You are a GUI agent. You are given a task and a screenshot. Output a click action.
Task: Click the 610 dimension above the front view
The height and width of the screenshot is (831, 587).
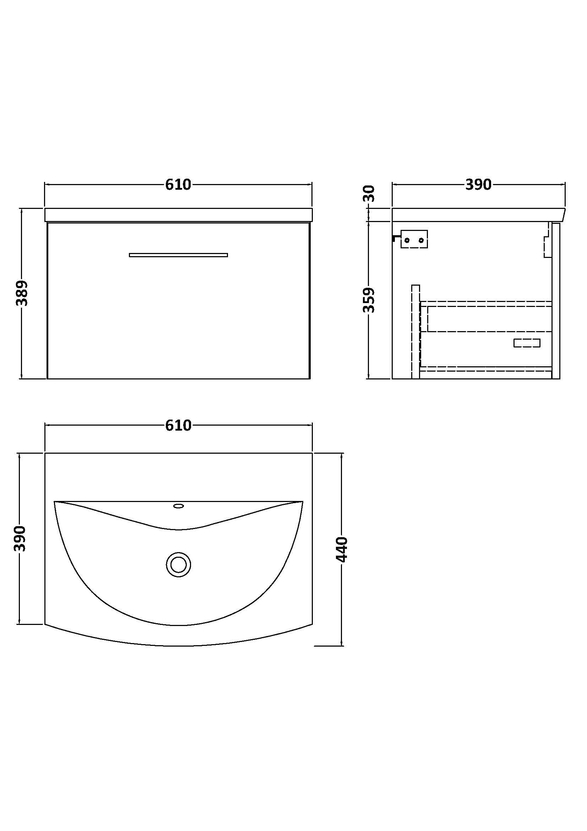pyautogui.click(x=178, y=185)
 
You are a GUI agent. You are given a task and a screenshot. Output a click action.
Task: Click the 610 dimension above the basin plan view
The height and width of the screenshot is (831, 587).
pyautogui.click(x=178, y=425)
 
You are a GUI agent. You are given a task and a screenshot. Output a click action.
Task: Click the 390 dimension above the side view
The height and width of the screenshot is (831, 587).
pyautogui.click(x=478, y=185)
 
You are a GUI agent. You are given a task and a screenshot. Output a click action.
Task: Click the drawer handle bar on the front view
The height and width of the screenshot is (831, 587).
pyautogui.click(x=178, y=255)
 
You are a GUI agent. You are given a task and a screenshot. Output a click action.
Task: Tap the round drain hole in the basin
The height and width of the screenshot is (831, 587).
pyautogui.click(x=178, y=564)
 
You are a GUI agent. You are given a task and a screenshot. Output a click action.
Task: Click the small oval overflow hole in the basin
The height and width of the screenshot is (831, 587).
pyautogui.click(x=178, y=506)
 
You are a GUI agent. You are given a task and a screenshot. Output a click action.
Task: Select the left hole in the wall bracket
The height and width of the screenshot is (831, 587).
pyautogui.click(x=407, y=240)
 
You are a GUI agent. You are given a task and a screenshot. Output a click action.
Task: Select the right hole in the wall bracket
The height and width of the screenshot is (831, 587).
pyautogui.click(x=421, y=240)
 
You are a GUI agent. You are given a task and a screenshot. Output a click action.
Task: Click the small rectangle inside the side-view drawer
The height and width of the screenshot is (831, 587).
pyautogui.click(x=527, y=343)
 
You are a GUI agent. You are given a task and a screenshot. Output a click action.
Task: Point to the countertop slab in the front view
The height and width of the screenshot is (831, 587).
pyautogui.click(x=178, y=215)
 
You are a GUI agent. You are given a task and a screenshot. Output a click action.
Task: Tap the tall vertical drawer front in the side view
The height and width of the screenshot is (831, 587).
pyautogui.click(x=415, y=331)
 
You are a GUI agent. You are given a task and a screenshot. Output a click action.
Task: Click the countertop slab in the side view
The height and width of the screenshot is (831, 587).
pyautogui.click(x=477, y=215)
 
